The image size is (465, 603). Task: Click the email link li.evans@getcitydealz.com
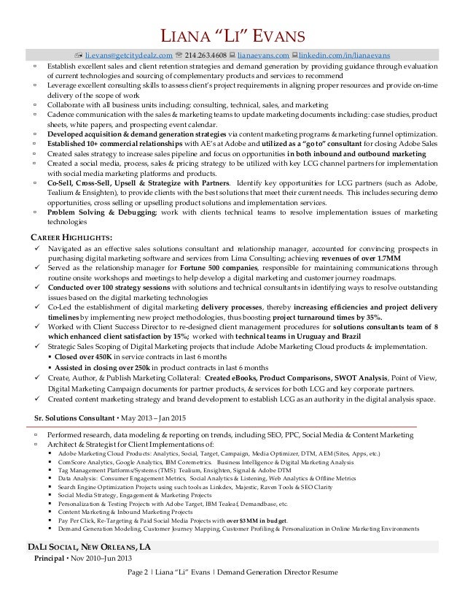point(129,55)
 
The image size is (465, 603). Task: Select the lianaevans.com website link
point(263,55)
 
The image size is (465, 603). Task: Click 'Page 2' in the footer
point(141,572)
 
